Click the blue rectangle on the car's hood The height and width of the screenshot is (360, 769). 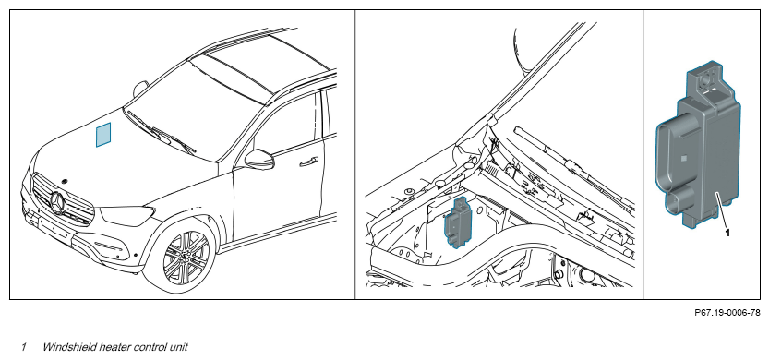click(103, 135)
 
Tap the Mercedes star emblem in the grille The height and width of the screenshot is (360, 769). click(58, 203)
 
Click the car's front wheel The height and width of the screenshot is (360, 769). click(186, 257)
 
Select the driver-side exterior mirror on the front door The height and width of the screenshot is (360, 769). click(260, 159)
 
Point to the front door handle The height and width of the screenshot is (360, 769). click(309, 162)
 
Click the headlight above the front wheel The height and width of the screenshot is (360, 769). click(127, 215)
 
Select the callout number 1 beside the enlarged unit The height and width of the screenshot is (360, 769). click(727, 233)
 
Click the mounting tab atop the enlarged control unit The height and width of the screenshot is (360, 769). click(707, 79)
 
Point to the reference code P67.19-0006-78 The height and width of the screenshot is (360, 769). click(727, 312)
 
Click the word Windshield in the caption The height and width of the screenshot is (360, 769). click(68, 347)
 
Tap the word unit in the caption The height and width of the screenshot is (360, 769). click(177, 347)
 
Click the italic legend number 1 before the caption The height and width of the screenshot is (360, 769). click(23, 347)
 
